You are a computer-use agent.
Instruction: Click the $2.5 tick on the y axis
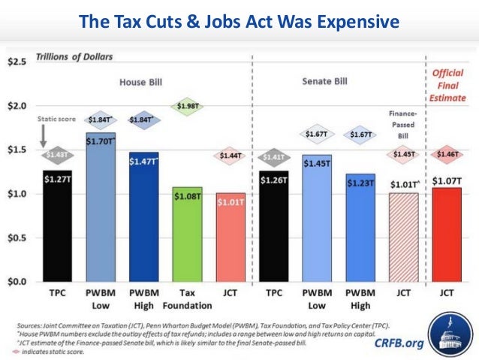18,61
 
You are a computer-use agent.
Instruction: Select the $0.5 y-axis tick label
18,237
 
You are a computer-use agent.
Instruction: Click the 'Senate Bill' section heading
326,80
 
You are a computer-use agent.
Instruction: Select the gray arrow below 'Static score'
44,135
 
